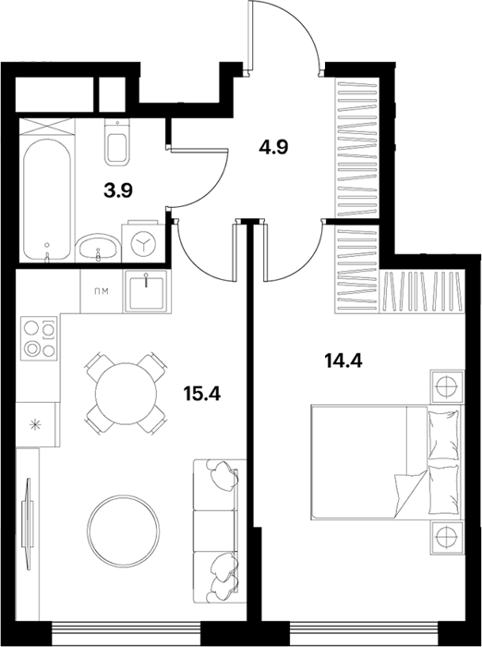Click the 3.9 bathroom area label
tap(118, 191)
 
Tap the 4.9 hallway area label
tap(273, 146)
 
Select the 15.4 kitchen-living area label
tap(202, 394)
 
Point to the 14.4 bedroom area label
tap(343, 361)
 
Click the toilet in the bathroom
tap(117, 141)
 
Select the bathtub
tap(46, 200)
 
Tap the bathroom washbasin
tap(98, 249)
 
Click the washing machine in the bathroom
tap(143, 242)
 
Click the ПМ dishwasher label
tap(101, 292)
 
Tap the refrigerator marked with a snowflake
tap(35, 424)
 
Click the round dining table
tap(127, 394)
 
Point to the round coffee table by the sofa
tap(124, 531)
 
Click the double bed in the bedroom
tap(386, 462)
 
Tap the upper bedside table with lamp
tap(447, 387)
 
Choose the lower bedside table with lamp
tap(447, 538)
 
